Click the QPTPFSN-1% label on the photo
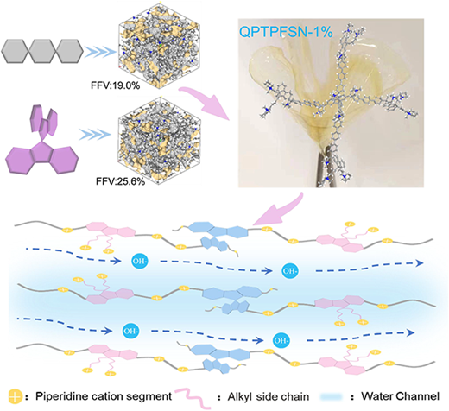coord(286,32)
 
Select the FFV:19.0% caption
coord(116,85)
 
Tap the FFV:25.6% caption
coord(121,182)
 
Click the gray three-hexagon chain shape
coord(42,51)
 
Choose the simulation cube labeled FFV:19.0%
coord(159,45)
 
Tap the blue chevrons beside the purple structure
coord(95,135)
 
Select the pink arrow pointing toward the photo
coord(206,101)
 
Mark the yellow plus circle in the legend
coord(16,397)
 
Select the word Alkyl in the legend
coord(240,396)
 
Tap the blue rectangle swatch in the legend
coord(332,397)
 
